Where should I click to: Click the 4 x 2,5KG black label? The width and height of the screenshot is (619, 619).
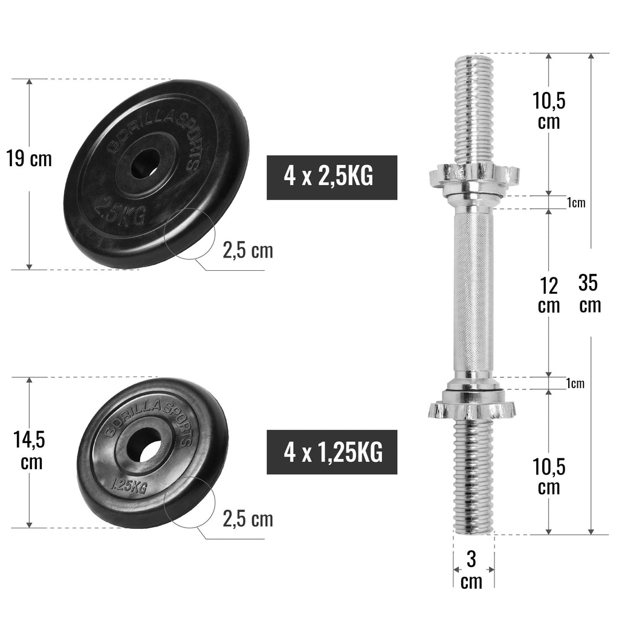point(332,178)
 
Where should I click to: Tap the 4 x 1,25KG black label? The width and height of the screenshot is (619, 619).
point(332,452)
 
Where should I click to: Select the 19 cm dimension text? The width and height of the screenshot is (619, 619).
point(29,159)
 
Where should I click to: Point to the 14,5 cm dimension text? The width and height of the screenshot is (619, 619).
point(29,451)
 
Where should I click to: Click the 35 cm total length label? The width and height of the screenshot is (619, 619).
point(589,293)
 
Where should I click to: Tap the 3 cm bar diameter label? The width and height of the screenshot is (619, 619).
point(472,570)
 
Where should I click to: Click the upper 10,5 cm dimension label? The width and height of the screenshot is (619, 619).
point(549,111)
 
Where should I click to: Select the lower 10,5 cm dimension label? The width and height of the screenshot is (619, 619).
point(549,476)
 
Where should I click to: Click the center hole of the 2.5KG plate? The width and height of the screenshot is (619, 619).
point(147,162)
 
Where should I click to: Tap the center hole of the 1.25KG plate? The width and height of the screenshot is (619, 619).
point(145,447)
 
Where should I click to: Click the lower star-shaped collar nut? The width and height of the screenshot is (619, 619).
point(472,409)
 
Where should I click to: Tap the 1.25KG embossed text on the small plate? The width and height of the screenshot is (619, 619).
point(129,484)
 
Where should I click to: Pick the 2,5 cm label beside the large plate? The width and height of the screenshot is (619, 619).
point(248,250)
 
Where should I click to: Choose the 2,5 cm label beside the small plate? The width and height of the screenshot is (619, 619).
point(248,518)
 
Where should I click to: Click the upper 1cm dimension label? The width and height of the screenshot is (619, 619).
point(575,203)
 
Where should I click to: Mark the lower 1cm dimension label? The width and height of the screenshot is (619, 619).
point(575,383)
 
